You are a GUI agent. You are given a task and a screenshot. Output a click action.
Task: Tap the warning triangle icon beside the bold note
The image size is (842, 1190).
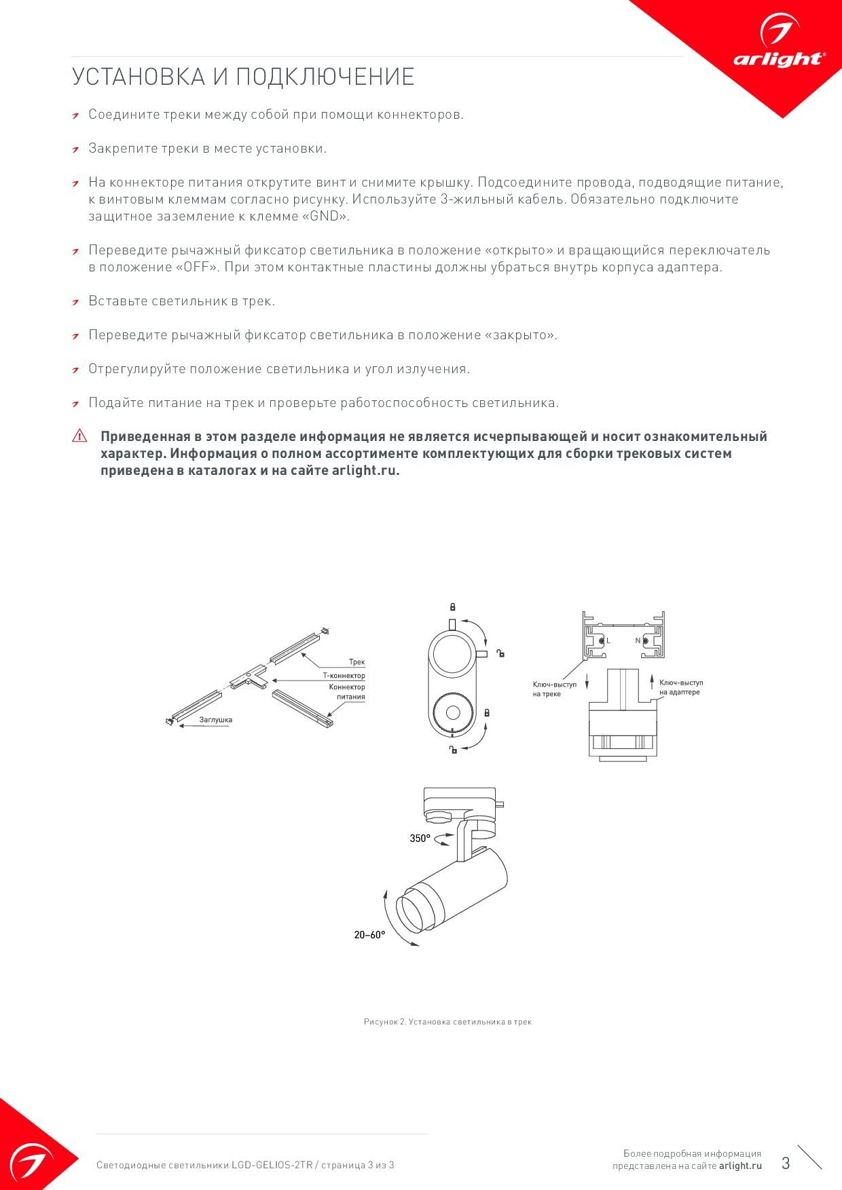79,436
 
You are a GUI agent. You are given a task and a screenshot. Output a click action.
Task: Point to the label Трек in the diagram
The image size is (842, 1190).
356,661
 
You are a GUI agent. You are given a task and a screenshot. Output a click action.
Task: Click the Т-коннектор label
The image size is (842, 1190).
344,676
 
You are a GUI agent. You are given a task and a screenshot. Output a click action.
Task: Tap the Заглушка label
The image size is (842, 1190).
215,720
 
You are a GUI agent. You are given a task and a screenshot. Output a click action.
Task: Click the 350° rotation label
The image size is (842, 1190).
420,839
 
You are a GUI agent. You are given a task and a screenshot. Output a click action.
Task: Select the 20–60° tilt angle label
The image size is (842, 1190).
369,935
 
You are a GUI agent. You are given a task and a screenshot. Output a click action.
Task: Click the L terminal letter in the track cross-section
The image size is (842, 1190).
608,640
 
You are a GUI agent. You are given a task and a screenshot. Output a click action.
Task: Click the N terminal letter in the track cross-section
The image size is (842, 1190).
638,640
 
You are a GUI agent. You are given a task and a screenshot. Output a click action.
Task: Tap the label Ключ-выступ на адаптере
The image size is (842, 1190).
680,687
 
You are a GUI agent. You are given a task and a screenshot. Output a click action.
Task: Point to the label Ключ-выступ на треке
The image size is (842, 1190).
554,689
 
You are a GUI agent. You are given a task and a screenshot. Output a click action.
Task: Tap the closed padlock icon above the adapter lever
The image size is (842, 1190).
452,607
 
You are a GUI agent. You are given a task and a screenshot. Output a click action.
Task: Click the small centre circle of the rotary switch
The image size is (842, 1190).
452,712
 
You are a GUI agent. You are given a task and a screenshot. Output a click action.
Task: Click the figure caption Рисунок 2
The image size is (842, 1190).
447,1022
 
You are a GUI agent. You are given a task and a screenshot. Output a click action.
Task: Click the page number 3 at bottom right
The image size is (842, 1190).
786,1163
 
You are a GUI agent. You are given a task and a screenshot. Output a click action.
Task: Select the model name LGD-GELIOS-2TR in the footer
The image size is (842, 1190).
272,1165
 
